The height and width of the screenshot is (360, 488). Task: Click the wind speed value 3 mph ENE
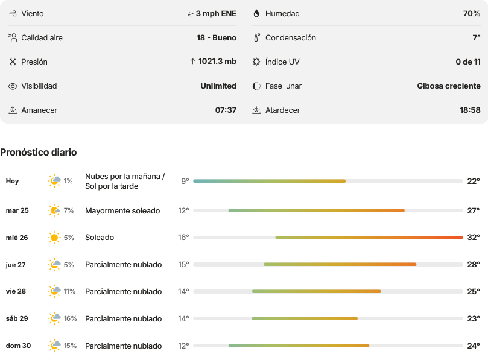pyautogui.click(x=216, y=14)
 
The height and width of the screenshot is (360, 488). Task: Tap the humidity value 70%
pyautogui.click(x=472, y=14)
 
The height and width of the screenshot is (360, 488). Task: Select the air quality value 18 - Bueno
pyautogui.click(x=217, y=37)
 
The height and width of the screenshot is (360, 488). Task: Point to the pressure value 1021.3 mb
pyautogui.click(x=217, y=62)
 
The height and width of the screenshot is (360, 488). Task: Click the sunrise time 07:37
pyautogui.click(x=226, y=110)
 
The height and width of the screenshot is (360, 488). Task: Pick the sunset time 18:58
pyautogui.click(x=470, y=110)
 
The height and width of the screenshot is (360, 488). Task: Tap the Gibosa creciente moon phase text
pyautogui.click(x=448, y=86)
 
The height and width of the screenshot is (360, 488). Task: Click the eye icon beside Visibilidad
pyautogui.click(x=13, y=86)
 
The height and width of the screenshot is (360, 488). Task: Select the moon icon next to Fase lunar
pyautogui.click(x=256, y=86)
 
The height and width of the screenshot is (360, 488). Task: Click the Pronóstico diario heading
pyautogui.click(x=38, y=152)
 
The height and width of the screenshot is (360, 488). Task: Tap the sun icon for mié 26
pyautogui.click(x=54, y=238)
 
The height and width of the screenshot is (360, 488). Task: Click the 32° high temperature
pyautogui.click(x=474, y=238)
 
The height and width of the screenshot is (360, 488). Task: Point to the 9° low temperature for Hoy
pyautogui.click(x=185, y=181)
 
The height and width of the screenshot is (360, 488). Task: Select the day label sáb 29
pyautogui.click(x=17, y=318)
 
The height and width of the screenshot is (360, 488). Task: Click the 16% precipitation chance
pyautogui.click(x=70, y=318)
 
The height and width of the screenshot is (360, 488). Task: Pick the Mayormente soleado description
pyautogui.click(x=122, y=211)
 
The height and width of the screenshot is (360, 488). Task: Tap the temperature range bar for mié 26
pyautogui.click(x=369, y=238)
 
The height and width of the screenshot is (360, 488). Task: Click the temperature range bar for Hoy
pyautogui.click(x=269, y=181)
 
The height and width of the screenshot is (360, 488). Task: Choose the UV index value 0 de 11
pyautogui.click(x=468, y=62)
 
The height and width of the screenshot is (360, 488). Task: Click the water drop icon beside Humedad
pyautogui.click(x=256, y=13)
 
